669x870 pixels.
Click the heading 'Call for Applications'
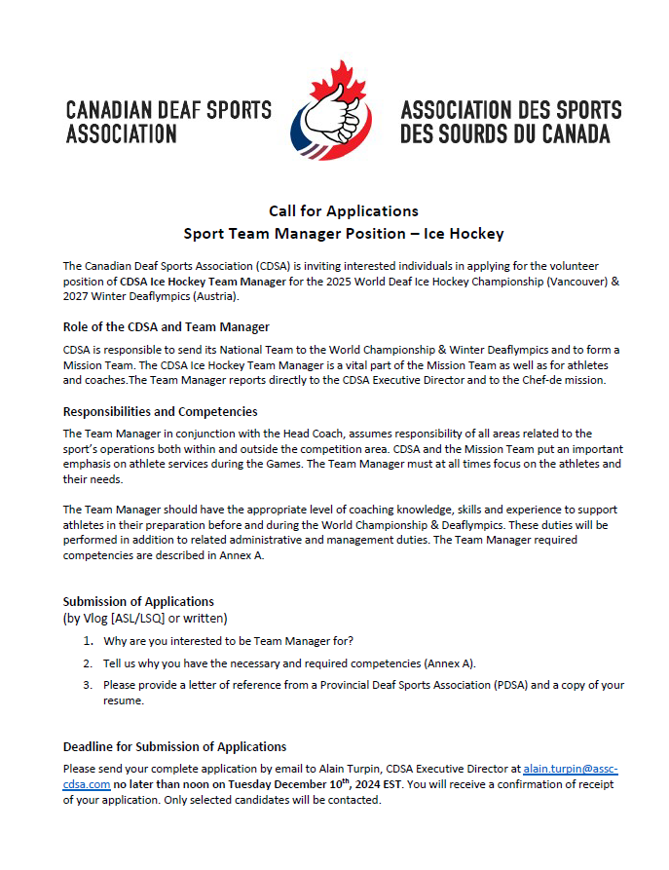click(x=344, y=210)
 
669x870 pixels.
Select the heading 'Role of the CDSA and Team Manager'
click(x=166, y=326)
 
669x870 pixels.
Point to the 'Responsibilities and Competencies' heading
click(x=160, y=411)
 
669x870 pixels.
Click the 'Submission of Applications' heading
click(x=138, y=601)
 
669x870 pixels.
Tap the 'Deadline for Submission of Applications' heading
click(x=174, y=746)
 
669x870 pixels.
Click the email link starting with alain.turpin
click(x=570, y=769)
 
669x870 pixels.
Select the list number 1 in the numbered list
click(x=88, y=641)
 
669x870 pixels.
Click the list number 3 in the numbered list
click(x=88, y=685)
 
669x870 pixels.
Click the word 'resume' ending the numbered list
click(x=123, y=700)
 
